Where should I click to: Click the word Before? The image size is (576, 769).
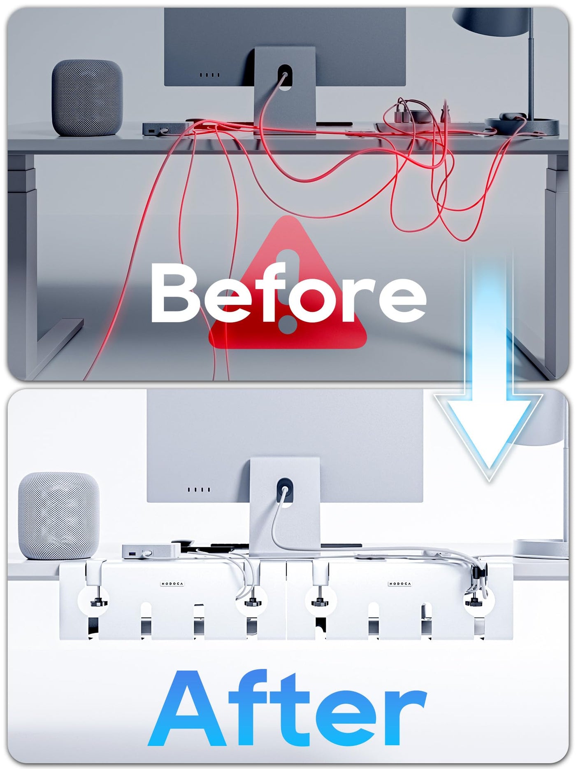coord(288,293)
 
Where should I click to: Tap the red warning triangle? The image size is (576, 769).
coord(288,284)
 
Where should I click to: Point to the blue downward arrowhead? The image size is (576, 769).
coord(489,437)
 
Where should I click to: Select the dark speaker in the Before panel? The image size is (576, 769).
coord(87,98)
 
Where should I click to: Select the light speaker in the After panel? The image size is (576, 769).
coord(59,516)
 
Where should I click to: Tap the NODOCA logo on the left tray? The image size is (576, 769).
coord(172,584)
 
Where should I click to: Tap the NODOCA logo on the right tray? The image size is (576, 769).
coord(400,584)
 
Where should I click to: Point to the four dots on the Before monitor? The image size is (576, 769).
coord(210,75)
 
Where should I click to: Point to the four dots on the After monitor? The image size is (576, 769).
coord(199,489)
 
